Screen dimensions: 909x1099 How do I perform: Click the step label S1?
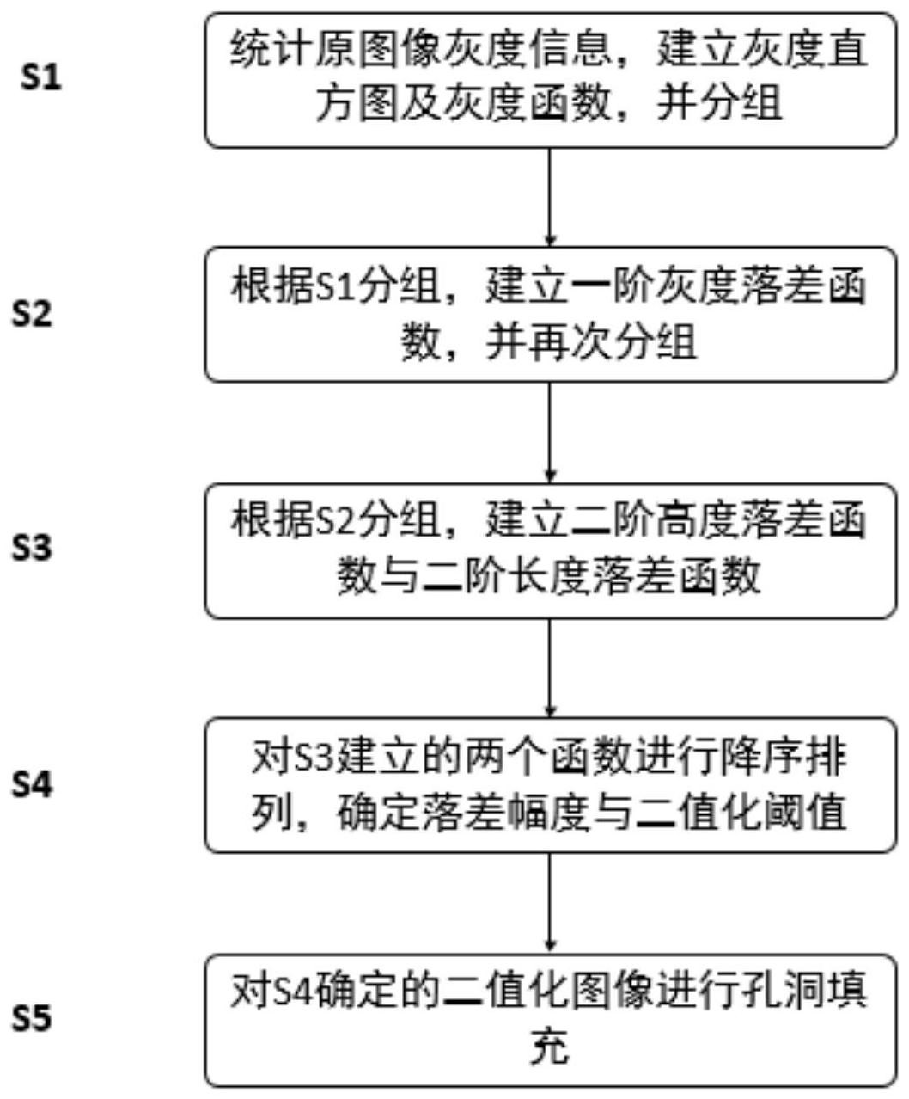point(41,78)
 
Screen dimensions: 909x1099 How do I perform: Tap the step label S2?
point(33,314)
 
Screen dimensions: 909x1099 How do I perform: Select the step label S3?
point(33,548)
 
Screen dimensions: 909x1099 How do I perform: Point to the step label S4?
point(33,784)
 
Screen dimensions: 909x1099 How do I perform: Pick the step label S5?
point(33,1017)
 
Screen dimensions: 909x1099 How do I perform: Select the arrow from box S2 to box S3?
point(550,433)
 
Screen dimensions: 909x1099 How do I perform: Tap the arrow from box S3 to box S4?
point(550,667)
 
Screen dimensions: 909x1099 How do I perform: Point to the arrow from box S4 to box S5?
point(550,903)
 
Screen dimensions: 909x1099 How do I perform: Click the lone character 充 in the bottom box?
point(550,1046)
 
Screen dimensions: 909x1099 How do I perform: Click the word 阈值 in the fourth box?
point(804,812)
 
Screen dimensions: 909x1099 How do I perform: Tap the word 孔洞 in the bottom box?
point(783,992)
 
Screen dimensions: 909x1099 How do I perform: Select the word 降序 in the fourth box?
point(762,759)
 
